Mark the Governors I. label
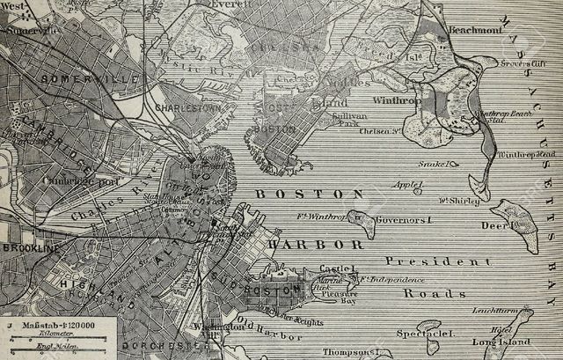[x=401, y=219]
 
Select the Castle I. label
[x=336, y=268]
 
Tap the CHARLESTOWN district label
[x=186, y=107]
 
